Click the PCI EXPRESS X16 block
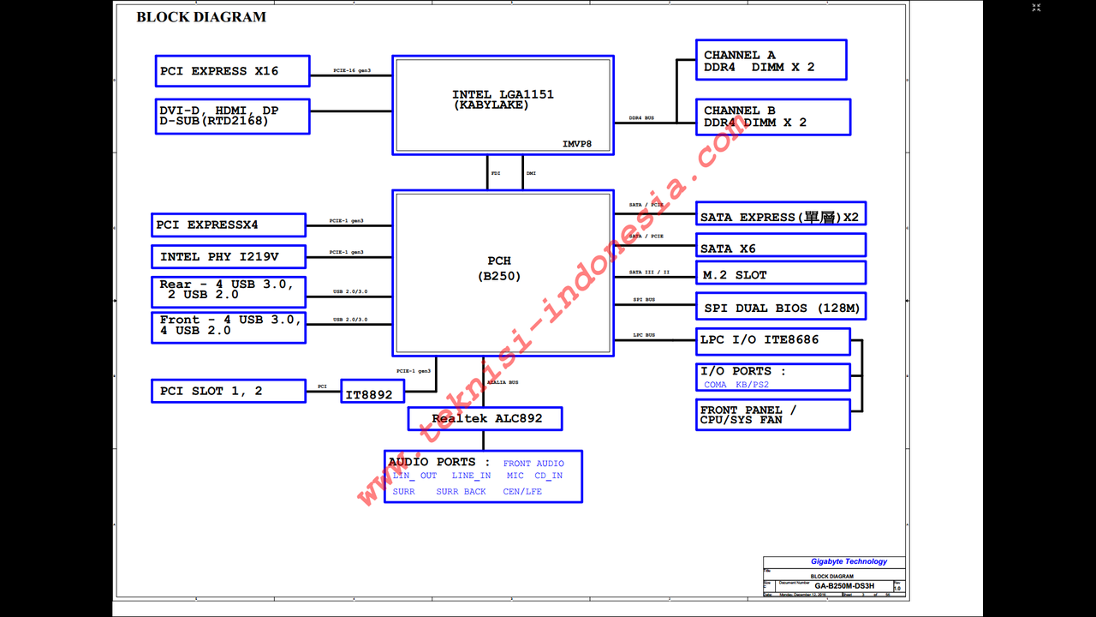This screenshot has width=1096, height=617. click(x=232, y=71)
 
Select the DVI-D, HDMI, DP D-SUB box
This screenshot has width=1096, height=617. click(x=232, y=116)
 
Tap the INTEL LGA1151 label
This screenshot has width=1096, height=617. click(x=503, y=99)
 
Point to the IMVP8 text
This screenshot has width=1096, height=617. click(x=577, y=144)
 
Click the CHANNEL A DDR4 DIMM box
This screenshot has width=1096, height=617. click(x=771, y=60)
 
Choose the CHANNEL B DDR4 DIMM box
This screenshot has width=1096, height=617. click(x=773, y=117)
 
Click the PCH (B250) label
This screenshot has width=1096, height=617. click(x=499, y=268)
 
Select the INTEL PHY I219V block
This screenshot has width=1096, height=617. click(x=228, y=256)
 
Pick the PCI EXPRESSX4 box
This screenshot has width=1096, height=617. click(x=228, y=225)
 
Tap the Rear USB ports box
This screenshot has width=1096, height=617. click(x=228, y=290)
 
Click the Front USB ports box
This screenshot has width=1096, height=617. click(x=228, y=326)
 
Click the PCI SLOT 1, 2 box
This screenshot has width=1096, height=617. click(x=228, y=391)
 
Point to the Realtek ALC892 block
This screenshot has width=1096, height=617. click(x=485, y=418)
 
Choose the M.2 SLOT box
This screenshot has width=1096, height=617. click(x=781, y=274)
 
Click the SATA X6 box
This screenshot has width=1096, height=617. click(x=781, y=248)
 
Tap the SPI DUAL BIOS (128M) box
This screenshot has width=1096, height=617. click(x=781, y=308)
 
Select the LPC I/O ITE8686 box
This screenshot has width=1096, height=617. click(x=773, y=340)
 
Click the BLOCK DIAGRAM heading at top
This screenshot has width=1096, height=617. click(x=201, y=17)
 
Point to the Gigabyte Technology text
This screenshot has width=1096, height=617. click(x=848, y=561)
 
